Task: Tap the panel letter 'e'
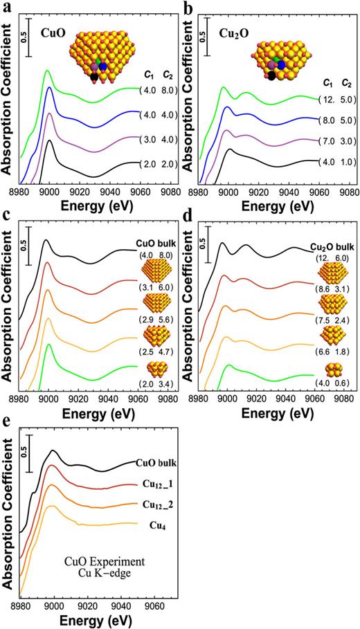click(x=6, y=426)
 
